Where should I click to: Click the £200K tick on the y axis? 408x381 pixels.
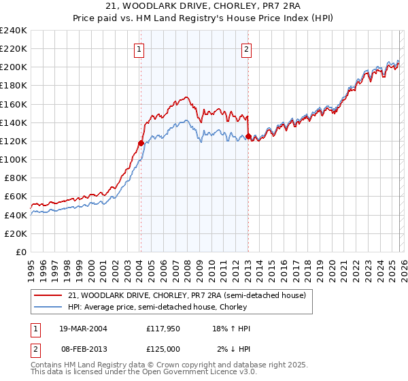[13, 67]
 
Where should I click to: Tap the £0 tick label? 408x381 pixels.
[21, 252]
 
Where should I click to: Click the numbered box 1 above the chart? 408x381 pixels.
[139, 49]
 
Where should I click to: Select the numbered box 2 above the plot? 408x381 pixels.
[245, 49]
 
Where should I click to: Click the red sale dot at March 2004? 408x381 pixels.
[141, 143]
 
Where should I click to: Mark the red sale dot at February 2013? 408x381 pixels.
[248, 137]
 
